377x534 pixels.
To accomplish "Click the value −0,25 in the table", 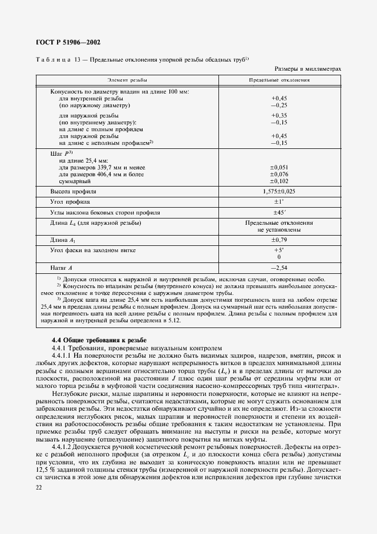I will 279,106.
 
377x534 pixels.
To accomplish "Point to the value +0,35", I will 279,115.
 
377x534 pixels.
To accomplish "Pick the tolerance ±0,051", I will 279,167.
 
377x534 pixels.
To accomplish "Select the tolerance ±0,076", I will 279,174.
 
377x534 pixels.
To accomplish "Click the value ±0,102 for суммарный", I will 279,181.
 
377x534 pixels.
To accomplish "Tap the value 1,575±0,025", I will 279,192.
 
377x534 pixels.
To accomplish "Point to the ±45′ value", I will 279,212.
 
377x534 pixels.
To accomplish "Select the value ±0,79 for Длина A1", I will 279,240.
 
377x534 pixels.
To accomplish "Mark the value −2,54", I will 279,267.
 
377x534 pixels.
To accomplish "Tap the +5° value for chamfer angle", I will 279,250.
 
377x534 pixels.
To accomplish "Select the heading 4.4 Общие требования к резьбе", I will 99,339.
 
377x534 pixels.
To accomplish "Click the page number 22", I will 39,486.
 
